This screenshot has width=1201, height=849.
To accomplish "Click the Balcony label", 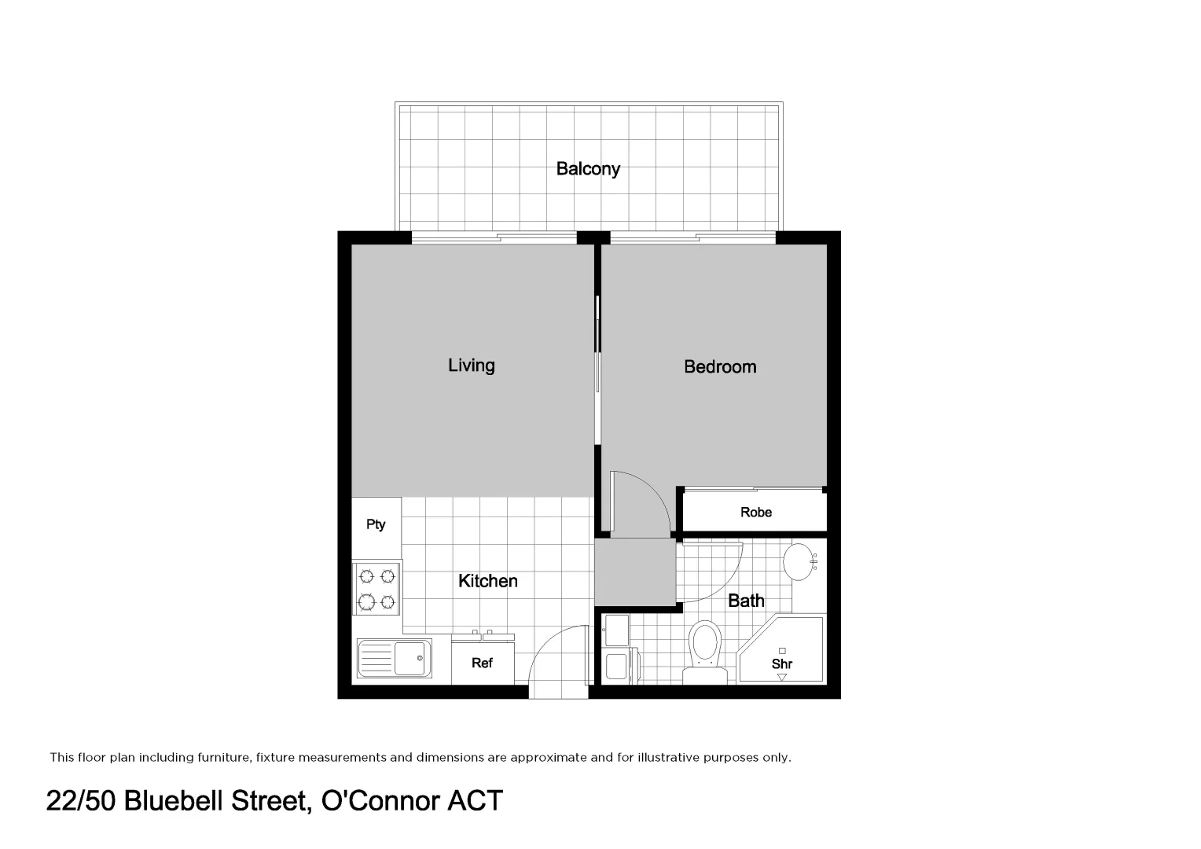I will pos(588,168).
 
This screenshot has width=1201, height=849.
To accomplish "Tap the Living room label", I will pos(471,365).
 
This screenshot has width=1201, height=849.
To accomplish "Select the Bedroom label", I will pos(719,366).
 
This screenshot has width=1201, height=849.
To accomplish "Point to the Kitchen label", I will pos(487,581).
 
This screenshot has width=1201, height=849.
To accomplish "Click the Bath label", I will pos(745,601).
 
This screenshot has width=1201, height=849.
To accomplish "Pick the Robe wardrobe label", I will pos(755,513).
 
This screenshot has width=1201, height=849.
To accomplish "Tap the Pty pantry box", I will pos(376,524).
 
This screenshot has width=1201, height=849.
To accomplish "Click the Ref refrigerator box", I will pos(482,663).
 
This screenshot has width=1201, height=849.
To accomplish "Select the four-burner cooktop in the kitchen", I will pos(376,589).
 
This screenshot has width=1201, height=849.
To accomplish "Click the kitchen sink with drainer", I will pos(395,658).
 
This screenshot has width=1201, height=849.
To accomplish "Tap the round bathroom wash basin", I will pos(800,562).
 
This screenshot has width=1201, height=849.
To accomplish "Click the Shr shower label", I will pos(781,663).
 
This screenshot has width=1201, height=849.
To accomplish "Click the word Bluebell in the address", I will pos(174,801).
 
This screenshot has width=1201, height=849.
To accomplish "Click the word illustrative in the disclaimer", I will pos(674,758).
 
